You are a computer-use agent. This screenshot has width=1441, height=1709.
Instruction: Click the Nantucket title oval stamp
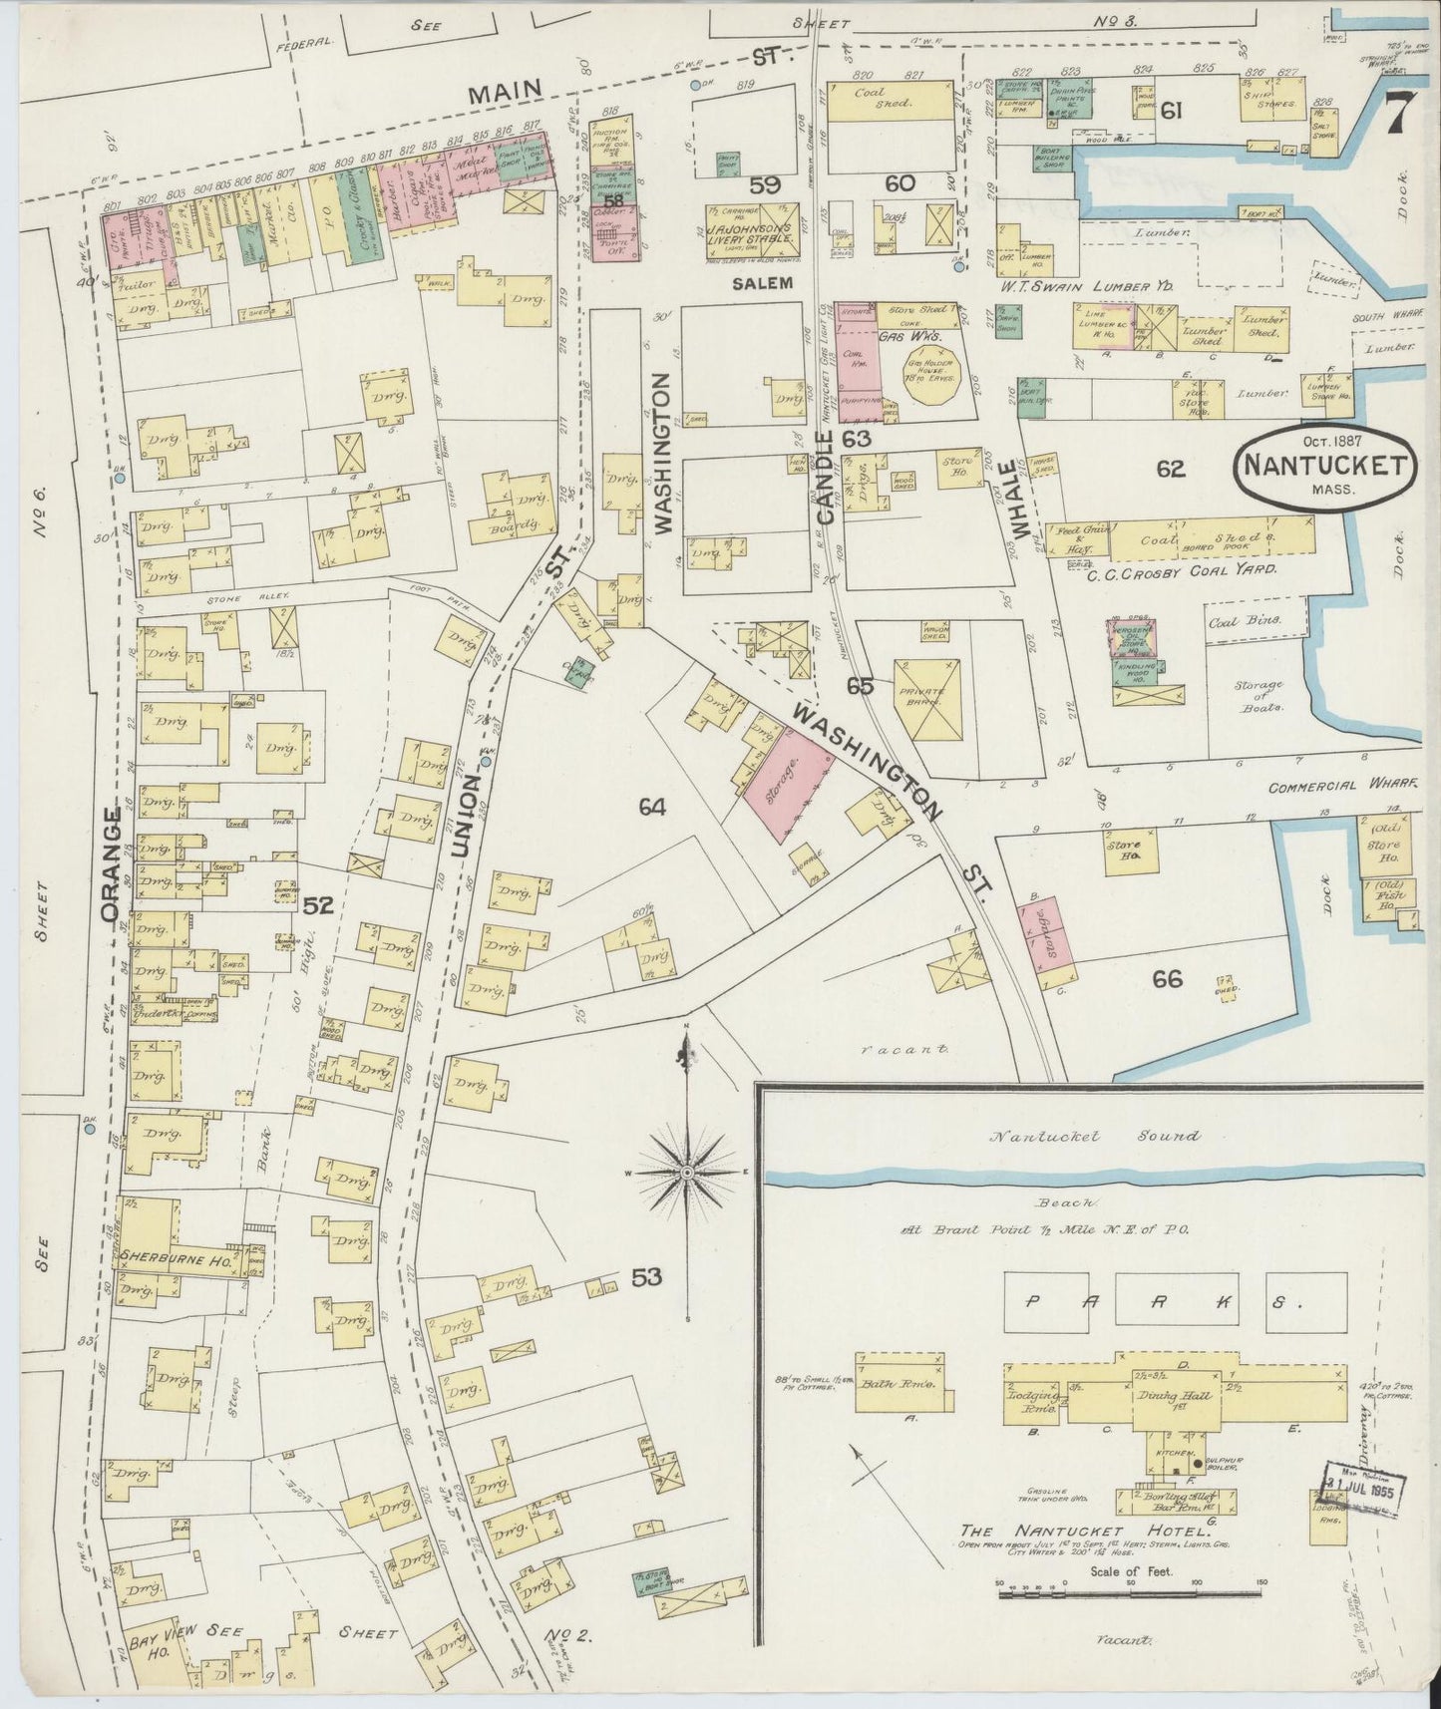pos(1324,466)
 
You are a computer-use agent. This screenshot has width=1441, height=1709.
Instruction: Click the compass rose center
pos(687,1173)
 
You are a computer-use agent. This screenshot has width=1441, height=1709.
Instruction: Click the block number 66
pos(1167,979)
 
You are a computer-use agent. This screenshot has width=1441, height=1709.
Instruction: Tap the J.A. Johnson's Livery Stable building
pos(761,229)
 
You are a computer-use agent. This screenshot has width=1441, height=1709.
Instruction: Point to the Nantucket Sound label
pos(1094,1135)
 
